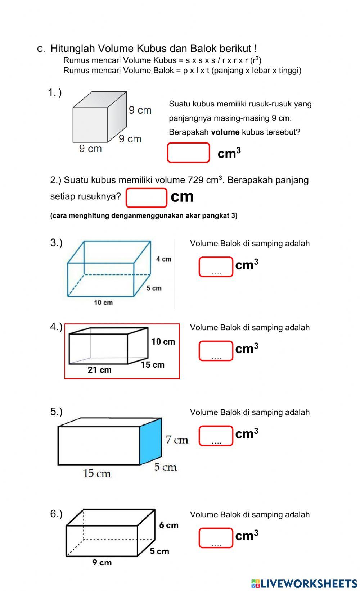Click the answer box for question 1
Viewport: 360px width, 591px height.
(188, 153)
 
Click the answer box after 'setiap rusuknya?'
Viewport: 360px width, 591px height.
(146, 198)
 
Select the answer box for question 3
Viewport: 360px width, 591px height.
(216, 267)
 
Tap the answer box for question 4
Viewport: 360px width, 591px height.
(216, 351)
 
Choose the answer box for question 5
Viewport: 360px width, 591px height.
(216, 436)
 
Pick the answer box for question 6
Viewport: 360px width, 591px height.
(216, 538)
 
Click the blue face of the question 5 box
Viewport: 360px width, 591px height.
(150, 441)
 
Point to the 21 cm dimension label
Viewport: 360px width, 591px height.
(99, 370)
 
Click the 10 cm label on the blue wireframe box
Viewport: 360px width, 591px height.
(103, 303)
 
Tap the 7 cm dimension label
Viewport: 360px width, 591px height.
(177, 440)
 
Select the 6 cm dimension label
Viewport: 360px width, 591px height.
(169, 525)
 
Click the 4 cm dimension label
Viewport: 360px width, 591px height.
(163, 259)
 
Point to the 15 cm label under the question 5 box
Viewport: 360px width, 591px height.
(96, 473)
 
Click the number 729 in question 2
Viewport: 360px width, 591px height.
(196, 180)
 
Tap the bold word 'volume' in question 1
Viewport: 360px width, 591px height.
(225, 132)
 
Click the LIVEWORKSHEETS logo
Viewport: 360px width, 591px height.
(304, 583)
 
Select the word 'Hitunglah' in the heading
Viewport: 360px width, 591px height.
(72, 49)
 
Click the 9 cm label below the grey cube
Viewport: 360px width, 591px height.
(90, 149)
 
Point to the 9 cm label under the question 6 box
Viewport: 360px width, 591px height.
(102, 562)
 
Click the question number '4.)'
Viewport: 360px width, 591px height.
(56, 327)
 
